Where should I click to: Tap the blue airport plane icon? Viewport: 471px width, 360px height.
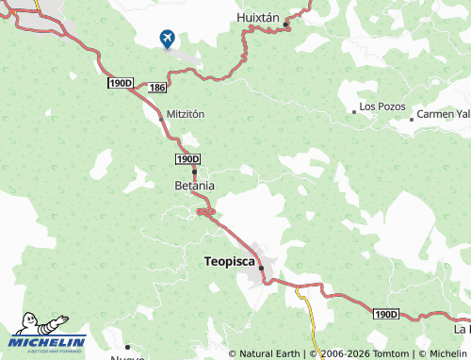coord(168,38)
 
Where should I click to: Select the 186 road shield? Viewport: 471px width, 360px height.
coord(157,87)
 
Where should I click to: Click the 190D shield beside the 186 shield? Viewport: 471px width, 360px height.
coord(121,84)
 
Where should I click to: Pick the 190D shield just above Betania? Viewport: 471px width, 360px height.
coord(187,159)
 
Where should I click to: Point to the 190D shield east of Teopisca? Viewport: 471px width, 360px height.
coord(385,313)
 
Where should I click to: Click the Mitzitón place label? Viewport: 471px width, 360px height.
coord(185,113)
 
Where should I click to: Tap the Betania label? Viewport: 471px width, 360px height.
coord(195,186)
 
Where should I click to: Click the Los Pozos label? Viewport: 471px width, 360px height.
coord(382,106)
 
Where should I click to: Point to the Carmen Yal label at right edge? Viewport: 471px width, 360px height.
coord(443,113)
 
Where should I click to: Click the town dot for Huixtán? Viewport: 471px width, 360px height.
coord(286,25)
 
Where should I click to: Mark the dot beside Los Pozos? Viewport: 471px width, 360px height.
coord(354,111)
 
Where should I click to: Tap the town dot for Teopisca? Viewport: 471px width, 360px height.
coord(261,268)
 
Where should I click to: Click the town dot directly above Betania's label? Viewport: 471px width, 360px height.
coord(194,172)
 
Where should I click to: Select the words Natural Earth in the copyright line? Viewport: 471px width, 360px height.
coord(268,353)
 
